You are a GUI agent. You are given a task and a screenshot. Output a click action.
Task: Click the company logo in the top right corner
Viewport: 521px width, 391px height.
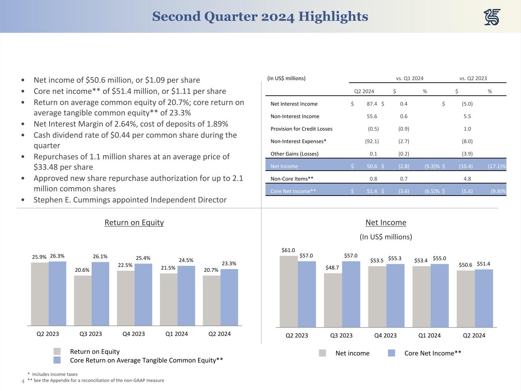pyautogui.click(x=492, y=17)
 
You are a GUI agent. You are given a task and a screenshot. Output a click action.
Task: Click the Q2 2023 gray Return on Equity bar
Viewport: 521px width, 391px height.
pyautogui.click(x=40, y=294)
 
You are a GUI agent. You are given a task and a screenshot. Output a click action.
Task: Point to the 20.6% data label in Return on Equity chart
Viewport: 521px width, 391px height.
pyautogui.click(x=82, y=270)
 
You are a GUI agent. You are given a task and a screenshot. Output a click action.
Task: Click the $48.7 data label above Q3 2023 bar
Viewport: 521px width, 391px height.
pyautogui.click(x=332, y=268)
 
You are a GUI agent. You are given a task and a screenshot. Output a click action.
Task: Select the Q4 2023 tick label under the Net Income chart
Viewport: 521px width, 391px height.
pyautogui.click(x=385, y=335)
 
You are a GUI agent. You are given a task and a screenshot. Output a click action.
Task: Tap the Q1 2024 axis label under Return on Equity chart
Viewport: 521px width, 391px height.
pyautogui.click(x=176, y=334)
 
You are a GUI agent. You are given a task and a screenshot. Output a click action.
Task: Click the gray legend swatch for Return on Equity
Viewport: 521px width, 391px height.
pyautogui.click(x=57, y=351)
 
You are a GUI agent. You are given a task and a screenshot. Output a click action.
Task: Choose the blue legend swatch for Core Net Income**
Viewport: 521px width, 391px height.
pyautogui.click(x=391, y=353)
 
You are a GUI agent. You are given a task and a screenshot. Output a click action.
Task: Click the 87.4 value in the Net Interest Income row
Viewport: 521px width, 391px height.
pyautogui.click(x=371, y=104)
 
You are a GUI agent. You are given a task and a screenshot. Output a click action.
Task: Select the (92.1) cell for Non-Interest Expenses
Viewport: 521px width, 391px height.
pyautogui.click(x=372, y=141)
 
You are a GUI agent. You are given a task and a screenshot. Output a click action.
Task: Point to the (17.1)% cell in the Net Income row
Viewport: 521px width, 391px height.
pyautogui.click(x=497, y=166)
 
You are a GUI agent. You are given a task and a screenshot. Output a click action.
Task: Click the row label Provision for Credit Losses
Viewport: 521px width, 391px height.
pyautogui.click(x=301, y=129)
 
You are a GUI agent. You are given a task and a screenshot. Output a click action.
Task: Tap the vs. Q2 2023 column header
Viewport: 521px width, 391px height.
pyautogui.click(x=473, y=78)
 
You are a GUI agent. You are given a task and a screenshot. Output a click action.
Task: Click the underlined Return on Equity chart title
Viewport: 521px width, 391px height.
pyautogui.click(x=134, y=223)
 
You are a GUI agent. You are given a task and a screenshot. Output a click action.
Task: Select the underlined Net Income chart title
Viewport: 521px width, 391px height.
pyautogui.click(x=386, y=223)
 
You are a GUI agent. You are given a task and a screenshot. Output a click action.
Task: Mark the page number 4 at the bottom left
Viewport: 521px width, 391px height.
pyautogui.click(x=23, y=381)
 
